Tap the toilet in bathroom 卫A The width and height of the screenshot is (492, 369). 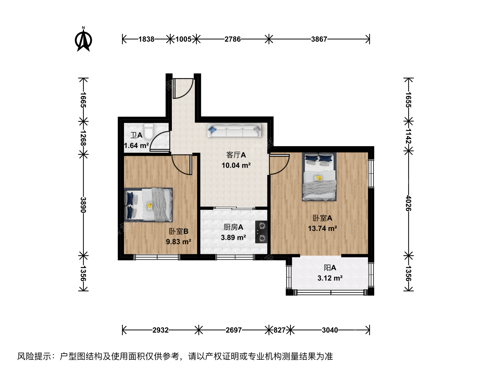pos(148,131)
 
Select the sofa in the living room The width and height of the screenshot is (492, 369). pos(234,130)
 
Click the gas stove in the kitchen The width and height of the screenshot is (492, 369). pos(261,232)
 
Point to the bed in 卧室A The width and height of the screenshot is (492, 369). pos(319,177)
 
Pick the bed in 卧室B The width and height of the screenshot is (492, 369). pos(148,205)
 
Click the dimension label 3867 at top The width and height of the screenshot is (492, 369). pos(319,39)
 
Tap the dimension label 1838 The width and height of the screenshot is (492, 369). pos(146,39)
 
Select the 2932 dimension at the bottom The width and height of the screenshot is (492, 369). pos(161,330)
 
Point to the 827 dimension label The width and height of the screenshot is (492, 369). pos(279,330)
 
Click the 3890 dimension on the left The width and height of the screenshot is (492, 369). pos(83,205)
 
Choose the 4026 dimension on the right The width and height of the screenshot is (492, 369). pos(408,203)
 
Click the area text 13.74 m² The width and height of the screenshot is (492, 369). pos(322,229)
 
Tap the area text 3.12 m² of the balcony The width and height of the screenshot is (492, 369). pos(330,278)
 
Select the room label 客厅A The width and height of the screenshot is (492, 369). pos(236,155)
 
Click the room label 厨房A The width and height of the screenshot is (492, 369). pos(233,227)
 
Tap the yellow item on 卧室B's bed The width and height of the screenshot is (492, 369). pos(150,206)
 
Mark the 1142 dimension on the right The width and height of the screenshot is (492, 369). pos(408,136)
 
